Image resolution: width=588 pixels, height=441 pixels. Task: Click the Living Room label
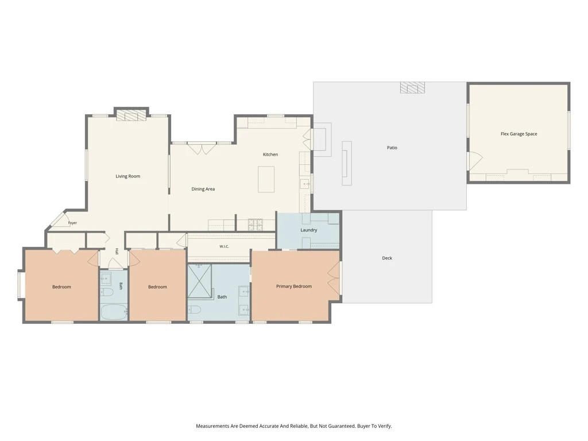tap(128, 176)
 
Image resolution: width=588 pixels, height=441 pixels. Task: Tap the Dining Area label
tap(203, 189)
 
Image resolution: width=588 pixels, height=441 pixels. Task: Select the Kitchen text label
tap(270, 154)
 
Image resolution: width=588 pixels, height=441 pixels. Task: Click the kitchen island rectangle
tap(266, 179)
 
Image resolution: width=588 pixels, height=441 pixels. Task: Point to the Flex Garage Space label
tap(519, 134)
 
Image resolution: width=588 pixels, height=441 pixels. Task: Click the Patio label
tap(392, 148)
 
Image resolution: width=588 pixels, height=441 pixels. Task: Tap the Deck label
tap(387, 258)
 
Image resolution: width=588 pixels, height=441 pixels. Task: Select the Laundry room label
tap(308, 230)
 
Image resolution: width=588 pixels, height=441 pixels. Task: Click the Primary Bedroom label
tap(294, 286)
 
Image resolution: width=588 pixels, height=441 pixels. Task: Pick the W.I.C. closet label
tap(225, 246)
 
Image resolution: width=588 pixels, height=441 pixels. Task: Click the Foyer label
tap(72, 223)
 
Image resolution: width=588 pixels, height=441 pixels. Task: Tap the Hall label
tap(117, 252)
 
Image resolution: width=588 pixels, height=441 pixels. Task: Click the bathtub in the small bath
tap(114, 312)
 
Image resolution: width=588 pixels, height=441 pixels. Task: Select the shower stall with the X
tap(199, 281)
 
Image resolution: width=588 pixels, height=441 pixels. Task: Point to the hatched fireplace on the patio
tap(412, 87)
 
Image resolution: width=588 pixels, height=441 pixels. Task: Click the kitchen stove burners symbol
tap(256, 225)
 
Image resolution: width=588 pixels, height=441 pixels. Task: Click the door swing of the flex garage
tap(475, 161)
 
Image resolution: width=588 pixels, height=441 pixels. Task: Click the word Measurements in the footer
tap(212, 426)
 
